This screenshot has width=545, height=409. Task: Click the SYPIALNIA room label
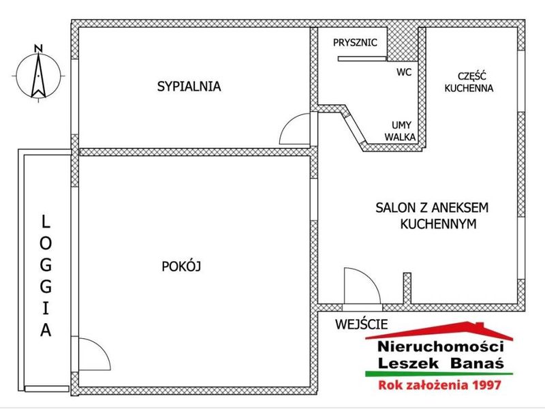(x=189, y=87)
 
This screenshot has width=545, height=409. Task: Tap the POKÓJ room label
(x=181, y=267)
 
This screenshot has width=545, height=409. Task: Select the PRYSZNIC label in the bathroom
(x=355, y=42)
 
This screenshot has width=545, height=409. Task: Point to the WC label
(x=404, y=72)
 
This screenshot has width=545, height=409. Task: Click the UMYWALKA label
(x=401, y=131)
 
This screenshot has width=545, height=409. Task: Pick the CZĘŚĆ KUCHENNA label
(x=469, y=82)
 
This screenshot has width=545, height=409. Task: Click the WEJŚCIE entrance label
(x=361, y=324)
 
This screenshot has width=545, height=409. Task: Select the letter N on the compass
(x=39, y=48)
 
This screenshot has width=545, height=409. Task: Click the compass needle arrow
(x=38, y=75)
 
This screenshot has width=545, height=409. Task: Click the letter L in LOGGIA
(x=46, y=222)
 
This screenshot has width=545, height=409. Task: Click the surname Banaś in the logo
(x=476, y=363)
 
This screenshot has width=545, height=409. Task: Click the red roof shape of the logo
(x=439, y=331)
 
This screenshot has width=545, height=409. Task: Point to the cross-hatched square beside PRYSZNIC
(x=403, y=43)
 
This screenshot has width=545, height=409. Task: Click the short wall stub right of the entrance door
(x=407, y=288)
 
